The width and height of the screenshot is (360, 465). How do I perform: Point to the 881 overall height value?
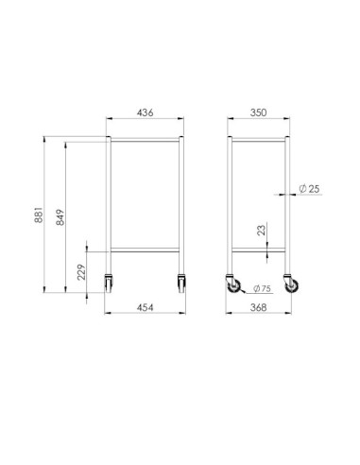point(39,216)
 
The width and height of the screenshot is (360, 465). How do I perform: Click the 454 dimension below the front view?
point(146,308)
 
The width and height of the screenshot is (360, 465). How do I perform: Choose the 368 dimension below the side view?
point(259,308)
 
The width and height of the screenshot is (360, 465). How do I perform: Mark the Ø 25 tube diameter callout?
point(309,190)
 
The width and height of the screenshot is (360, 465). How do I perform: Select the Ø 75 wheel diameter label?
point(262,289)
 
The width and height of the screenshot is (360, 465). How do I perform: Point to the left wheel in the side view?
point(233,286)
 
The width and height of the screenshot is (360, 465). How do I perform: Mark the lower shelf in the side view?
point(259,250)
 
